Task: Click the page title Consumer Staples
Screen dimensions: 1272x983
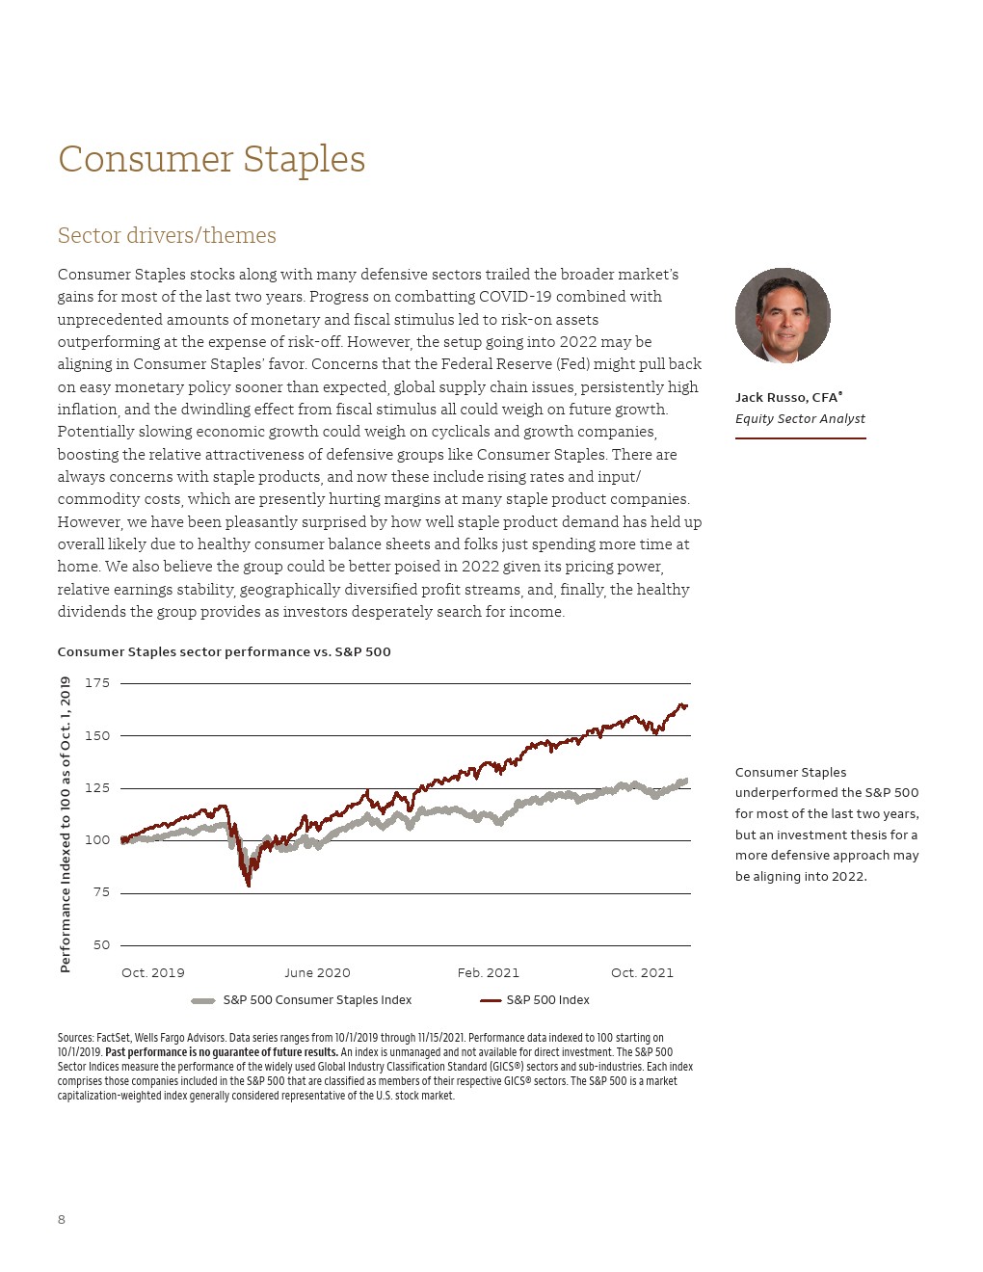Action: pyautogui.click(x=211, y=160)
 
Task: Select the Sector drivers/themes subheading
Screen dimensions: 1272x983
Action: pyautogui.click(x=167, y=236)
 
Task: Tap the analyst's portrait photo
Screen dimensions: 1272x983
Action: pyautogui.click(x=783, y=315)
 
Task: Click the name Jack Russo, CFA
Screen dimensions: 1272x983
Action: pyautogui.click(x=788, y=397)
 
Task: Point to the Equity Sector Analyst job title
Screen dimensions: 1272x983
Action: pyautogui.click(x=800, y=419)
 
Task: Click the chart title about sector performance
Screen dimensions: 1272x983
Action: pyautogui.click(x=224, y=652)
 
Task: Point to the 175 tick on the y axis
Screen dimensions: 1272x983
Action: pyautogui.click(x=97, y=683)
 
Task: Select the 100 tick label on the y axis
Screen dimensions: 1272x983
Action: pyautogui.click(x=97, y=840)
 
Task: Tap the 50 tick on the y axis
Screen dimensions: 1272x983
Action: pyautogui.click(x=101, y=945)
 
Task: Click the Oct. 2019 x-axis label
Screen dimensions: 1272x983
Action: pyautogui.click(x=152, y=973)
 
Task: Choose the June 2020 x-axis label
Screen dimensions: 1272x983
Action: pyautogui.click(x=317, y=973)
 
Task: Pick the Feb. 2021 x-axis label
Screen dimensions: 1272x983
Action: pyautogui.click(x=488, y=973)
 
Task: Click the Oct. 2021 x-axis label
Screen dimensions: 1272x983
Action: pyautogui.click(x=642, y=973)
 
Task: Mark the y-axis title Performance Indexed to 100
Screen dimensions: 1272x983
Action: pyautogui.click(x=66, y=825)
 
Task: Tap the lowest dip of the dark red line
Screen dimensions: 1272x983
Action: pyautogui.click(x=249, y=885)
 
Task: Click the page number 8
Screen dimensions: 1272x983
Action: pyautogui.click(x=62, y=1220)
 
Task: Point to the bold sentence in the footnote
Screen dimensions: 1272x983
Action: pyautogui.click(x=222, y=1052)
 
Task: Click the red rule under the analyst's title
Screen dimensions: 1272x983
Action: pyautogui.click(x=800, y=438)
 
